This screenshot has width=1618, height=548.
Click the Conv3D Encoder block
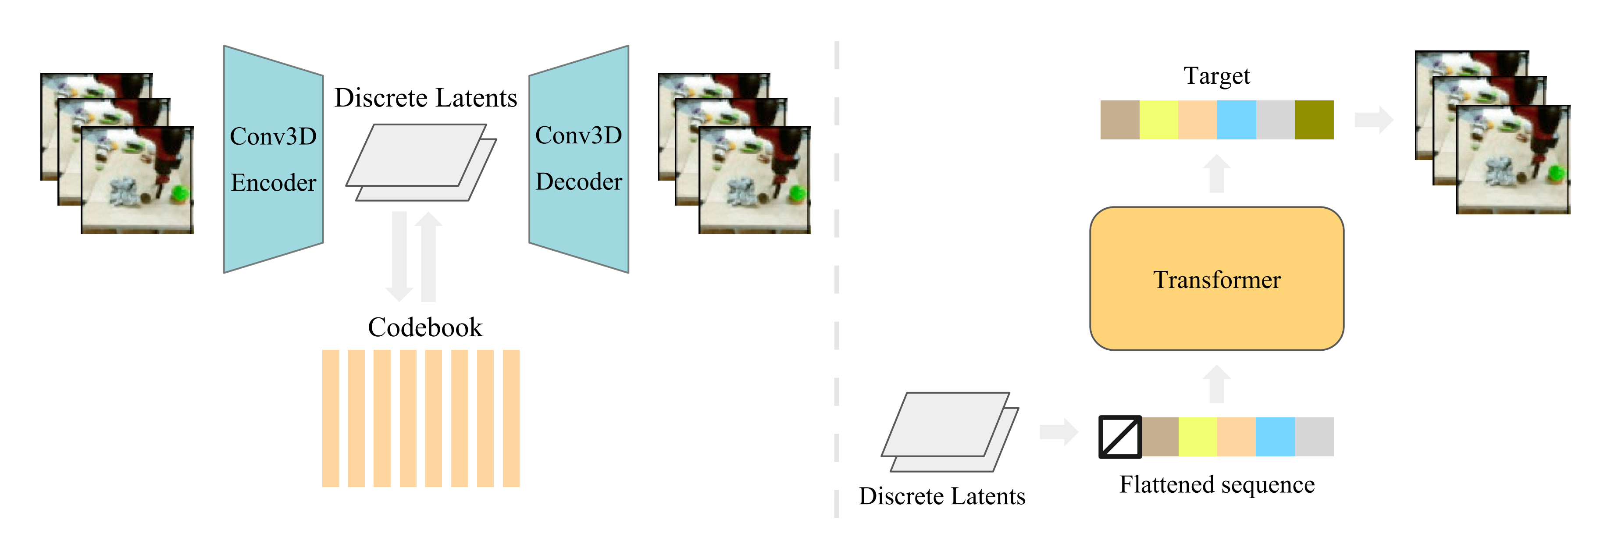coord(273,160)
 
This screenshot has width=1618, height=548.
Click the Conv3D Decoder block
coord(578,160)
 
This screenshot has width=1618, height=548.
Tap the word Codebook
coord(425,327)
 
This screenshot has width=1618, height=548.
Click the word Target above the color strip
coord(1217,76)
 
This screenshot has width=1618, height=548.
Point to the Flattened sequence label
coord(1217,484)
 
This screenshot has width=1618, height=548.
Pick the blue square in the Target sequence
coord(1236,120)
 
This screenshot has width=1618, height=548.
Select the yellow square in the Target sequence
coord(1158,120)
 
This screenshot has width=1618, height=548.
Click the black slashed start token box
coord(1120,437)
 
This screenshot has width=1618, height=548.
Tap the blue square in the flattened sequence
coord(1275,437)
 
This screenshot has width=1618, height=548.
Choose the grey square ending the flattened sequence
coord(1314,437)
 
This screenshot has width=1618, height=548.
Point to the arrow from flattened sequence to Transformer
coord(1217,384)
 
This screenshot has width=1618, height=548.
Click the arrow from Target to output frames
coord(1374,119)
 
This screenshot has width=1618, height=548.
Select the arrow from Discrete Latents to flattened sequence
coord(1058,431)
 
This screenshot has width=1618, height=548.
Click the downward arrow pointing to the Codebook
coord(399,257)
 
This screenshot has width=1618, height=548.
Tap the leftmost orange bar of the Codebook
coord(330,418)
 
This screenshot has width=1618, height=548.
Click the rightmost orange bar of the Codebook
coord(511,418)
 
